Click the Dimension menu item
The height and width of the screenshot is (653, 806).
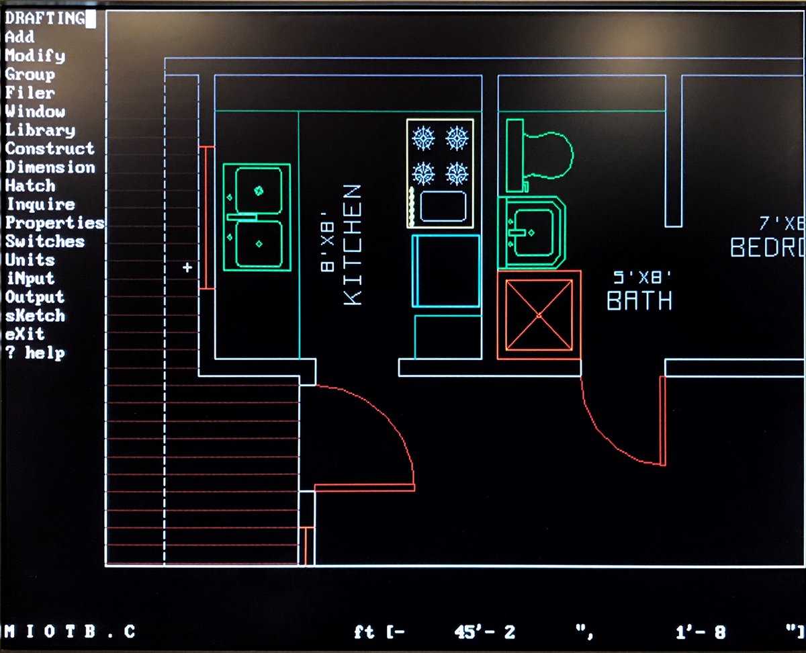(x=50, y=167)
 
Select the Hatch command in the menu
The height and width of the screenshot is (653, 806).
(x=30, y=185)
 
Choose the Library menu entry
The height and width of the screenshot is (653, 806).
(x=40, y=130)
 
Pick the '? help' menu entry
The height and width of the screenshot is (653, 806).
(x=36, y=353)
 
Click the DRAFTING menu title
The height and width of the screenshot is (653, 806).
(x=46, y=18)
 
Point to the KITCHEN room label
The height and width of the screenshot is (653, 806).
(x=353, y=245)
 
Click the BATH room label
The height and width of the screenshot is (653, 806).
(x=639, y=300)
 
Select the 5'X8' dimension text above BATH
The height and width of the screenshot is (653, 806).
(x=642, y=276)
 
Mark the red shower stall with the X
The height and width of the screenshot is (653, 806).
(x=539, y=315)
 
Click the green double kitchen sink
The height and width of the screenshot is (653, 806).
(x=257, y=217)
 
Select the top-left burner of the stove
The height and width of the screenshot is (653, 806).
(x=424, y=139)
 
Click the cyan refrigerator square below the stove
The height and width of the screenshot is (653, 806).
(x=446, y=271)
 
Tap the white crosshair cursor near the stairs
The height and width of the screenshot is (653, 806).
(x=187, y=267)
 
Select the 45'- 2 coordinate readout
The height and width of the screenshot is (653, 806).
(x=484, y=632)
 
